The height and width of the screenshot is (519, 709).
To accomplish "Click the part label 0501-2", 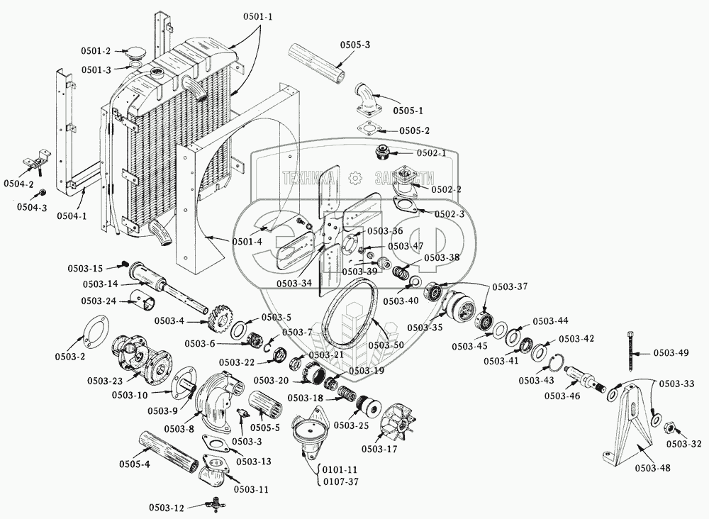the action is pos(96,51).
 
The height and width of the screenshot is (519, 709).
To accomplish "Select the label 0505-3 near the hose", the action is pos(355,45).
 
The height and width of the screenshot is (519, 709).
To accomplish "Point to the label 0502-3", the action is pos(449,214).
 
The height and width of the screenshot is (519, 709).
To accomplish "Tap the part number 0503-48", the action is pos(652,468).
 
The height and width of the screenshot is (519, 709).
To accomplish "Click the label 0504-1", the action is pos(72,216).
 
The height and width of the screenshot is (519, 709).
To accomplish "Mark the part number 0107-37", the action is pos(341,481).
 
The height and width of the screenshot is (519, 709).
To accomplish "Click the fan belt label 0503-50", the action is pos(386,345).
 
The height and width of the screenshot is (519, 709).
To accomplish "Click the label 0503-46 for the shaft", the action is pos(562,396).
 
